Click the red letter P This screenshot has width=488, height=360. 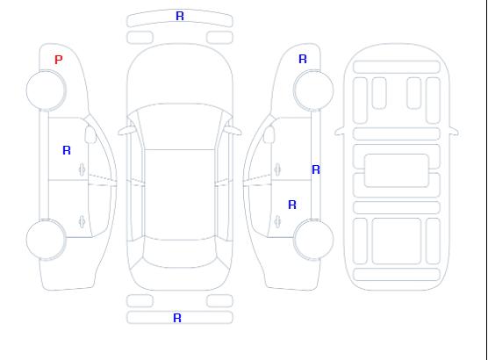click(x=59, y=60)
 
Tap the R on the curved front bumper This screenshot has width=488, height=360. click(x=180, y=16)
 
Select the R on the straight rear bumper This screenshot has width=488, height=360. click(x=177, y=318)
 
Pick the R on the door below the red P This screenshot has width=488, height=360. click(x=67, y=150)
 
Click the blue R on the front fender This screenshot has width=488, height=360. click(x=303, y=59)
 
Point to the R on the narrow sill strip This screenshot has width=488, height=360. click(x=316, y=169)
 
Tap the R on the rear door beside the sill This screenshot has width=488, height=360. click(x=292, y=205)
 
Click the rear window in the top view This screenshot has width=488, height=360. click(x=180, y=253)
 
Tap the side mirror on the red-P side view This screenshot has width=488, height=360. click(x=90, y=134)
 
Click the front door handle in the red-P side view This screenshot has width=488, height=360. click(x=83, y=169)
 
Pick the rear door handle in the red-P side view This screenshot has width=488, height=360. click(x=83, y=221)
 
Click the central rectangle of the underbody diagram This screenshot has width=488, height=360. click(x=397, y=170)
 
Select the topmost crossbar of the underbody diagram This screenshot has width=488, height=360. click(x=397, y=68)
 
